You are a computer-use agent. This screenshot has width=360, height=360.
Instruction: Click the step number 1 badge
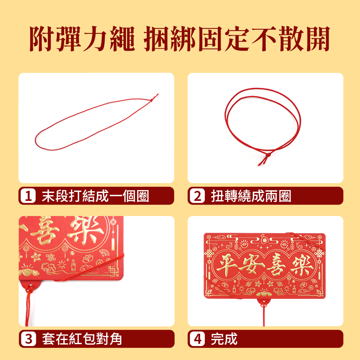(x=28, y=196)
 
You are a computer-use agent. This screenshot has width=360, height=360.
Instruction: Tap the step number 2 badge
(x=197, y=196)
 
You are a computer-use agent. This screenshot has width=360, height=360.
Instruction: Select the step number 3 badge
(x=28, y=339)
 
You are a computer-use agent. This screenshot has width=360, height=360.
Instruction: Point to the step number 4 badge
(x=197, y=339)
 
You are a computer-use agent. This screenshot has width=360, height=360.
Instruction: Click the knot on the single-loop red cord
(x=152, y=100)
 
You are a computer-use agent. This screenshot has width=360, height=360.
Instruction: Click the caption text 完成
(x=224, y=339)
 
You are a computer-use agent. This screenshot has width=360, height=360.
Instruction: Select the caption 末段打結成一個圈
(x=95, y=196)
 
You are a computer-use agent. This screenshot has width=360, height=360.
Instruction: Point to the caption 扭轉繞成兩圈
(x=251, y=196)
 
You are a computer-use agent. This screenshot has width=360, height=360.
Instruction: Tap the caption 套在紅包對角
(x=82, y=339)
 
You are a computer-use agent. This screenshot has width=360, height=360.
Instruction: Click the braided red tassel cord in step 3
(x=28, y=305)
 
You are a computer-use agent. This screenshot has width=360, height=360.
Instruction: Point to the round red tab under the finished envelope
(x=264, y=303)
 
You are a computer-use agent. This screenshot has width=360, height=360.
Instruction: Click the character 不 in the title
(x=264, y=39)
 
